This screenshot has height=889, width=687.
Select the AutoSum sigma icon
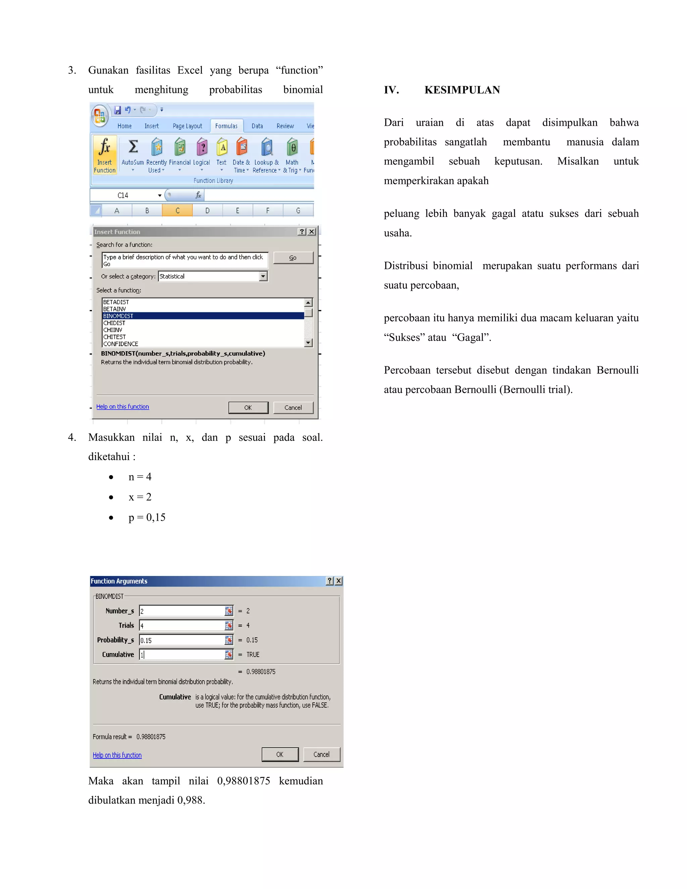coord(133,147)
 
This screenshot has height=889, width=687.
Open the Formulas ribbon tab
coord(226,126)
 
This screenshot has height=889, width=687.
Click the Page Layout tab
coord(187,126)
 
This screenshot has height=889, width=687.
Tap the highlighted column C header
coord(177,210)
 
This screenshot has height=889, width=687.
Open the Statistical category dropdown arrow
coord(263,276)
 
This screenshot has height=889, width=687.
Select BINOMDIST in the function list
coord(118,316)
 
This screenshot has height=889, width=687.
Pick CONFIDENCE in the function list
coord(120,344)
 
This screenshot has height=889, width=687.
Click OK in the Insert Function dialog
coord(248,408)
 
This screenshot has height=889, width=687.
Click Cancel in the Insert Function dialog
coord(293,408)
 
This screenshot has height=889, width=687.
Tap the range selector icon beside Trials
coord(229,626)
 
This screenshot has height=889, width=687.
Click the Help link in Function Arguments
coord(117,755)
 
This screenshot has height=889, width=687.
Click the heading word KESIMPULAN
coord(462,90)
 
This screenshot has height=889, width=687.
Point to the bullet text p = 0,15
coord(147,517)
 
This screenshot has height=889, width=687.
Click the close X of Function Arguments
coord(338,581)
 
